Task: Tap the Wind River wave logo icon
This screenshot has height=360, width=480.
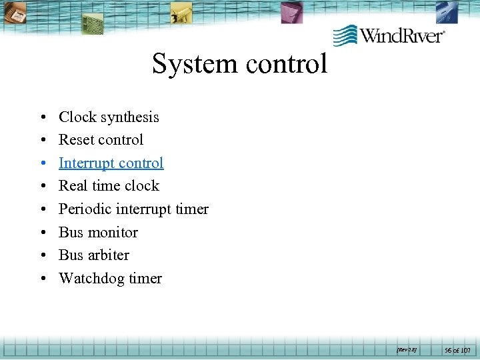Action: pos(345,35)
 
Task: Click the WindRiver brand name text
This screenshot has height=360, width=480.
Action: pos(402,35)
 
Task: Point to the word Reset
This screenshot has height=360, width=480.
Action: pos(77,140)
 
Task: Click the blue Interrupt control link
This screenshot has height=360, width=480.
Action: pos(111,163)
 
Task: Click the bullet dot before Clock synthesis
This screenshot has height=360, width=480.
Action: pos(42,118)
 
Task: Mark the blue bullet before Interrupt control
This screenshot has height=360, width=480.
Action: pos(42,164)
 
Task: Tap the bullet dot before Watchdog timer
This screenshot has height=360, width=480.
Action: pos(42,279)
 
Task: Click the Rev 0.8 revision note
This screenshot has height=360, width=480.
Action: pos(407,349)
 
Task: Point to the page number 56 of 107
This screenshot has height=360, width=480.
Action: pos(457,349)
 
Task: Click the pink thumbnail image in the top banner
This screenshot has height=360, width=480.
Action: pos(291,12)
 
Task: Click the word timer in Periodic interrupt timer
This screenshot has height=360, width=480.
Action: pos(192,209)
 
